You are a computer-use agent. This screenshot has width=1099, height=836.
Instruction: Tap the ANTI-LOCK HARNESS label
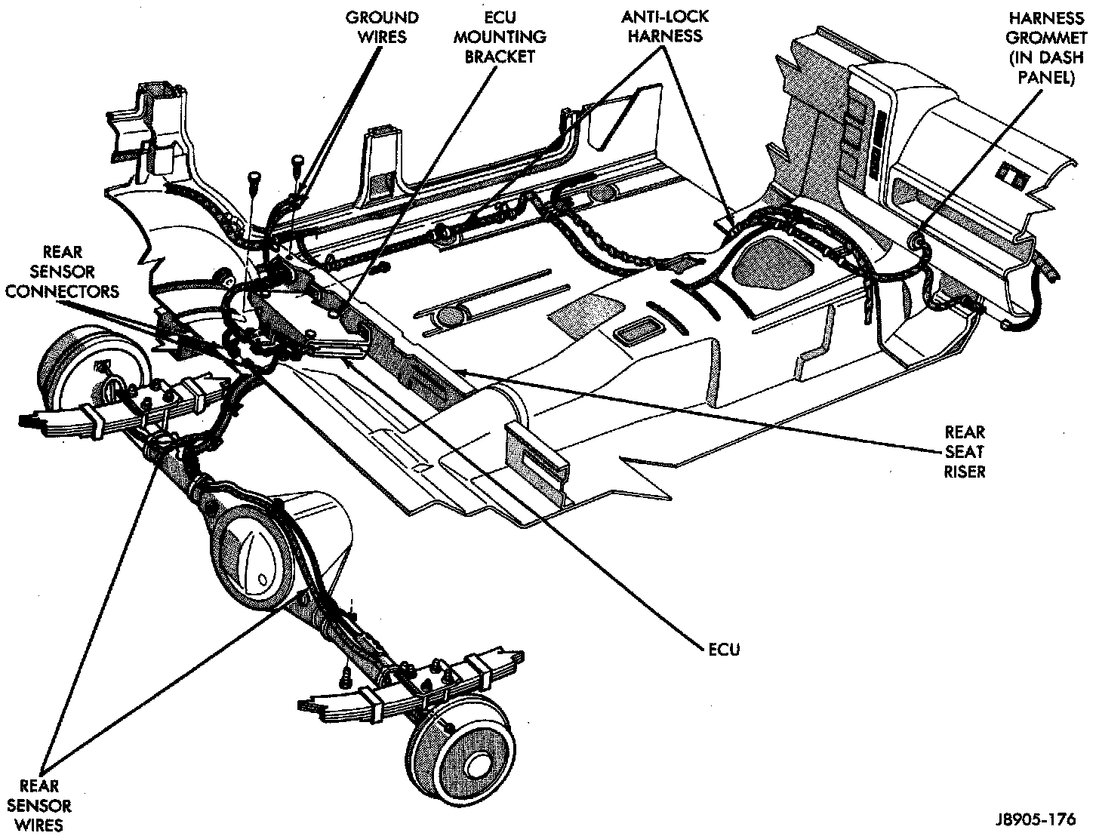point(664,27)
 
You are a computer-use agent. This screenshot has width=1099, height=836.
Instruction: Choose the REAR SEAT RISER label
point(965,452)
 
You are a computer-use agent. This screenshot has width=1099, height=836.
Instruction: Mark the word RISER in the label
point(965,472)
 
